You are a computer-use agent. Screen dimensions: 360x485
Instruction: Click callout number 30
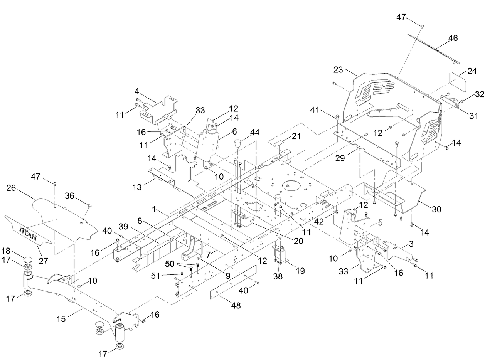pyautogui.click(x=436, y=209)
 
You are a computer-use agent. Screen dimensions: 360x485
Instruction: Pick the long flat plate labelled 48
pyautogui.click(x=233, y=281)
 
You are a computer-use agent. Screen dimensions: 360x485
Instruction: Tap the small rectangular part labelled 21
pyautogui.click(x=280, y=143)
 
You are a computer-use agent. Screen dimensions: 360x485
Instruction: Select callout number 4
pyautogui.click(x=136, y=91)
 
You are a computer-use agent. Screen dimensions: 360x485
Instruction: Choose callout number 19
pyautogui.click(x=300, y=271)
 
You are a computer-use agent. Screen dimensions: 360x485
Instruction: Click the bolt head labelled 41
pyautogui.click(x=338, y=117)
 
